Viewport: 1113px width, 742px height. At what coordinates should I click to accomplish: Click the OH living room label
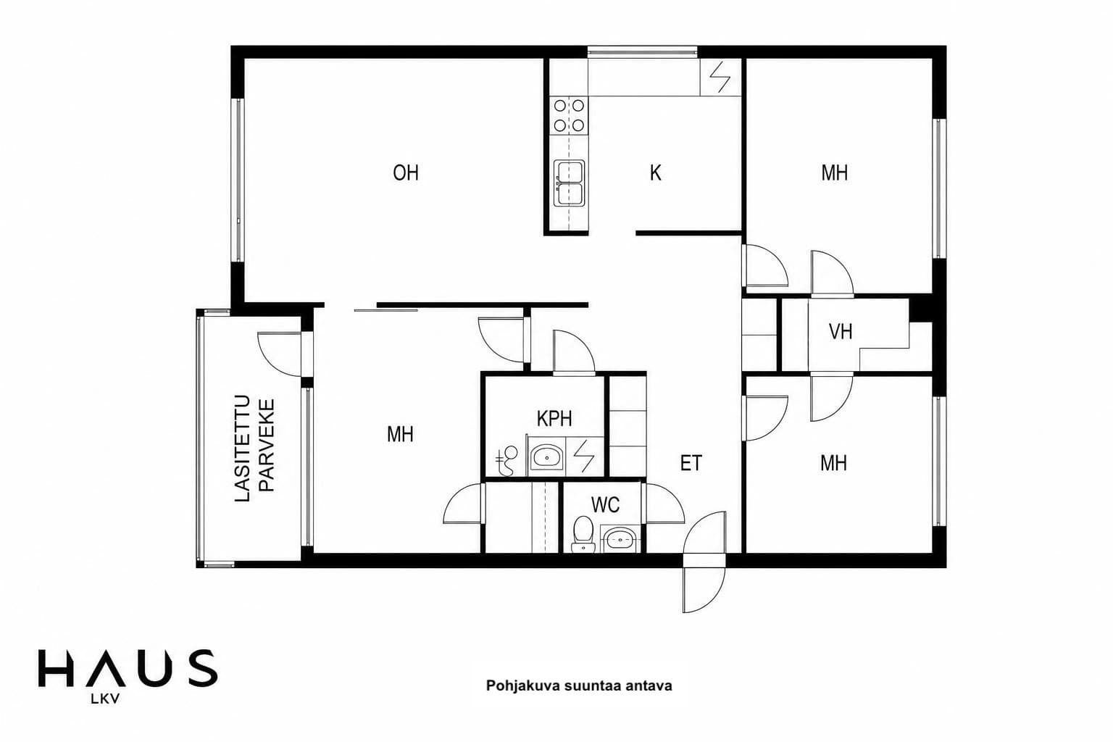pyautogui.click(x=406, y=173)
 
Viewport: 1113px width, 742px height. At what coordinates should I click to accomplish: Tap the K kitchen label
pyautogui.click(x=655, y=173)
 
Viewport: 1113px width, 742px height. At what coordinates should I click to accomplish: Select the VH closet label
pyautogui.click(x=841, y=331)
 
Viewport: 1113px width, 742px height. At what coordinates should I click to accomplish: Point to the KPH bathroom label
pyautogui.click(x=554, y=419)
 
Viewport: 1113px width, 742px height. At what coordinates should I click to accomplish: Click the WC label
pyautogui.click(x=605, y=505)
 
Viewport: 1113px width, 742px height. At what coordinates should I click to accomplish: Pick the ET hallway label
pyautogui.click(x=691, y=463)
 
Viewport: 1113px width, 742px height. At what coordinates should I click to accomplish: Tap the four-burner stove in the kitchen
pyautogui.click(x=569, y=115)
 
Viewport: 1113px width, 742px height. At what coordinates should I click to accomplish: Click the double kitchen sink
pyautogui.click(x=569, y=183)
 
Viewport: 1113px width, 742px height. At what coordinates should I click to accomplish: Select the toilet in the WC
pyautogui.click(x=583, y=534)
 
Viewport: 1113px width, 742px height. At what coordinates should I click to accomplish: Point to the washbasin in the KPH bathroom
pyautogui.click(x=546, y=457)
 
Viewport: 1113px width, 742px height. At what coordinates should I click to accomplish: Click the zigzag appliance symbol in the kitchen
pyautogui.click(x=720, y=78)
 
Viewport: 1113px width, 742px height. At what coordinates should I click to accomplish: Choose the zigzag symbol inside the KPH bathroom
pyautogui.click(x=584, y=456)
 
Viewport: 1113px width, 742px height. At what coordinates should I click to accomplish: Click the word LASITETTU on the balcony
pyautogui.click(x=242, y=449)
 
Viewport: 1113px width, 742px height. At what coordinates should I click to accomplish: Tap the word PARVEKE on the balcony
pyautogui.click(x=267, y=446)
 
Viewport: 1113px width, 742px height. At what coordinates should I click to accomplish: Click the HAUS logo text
pyautogui.click(x=128, y=669)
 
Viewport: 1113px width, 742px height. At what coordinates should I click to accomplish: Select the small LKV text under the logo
pyautogui.click(x=105, y=699)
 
